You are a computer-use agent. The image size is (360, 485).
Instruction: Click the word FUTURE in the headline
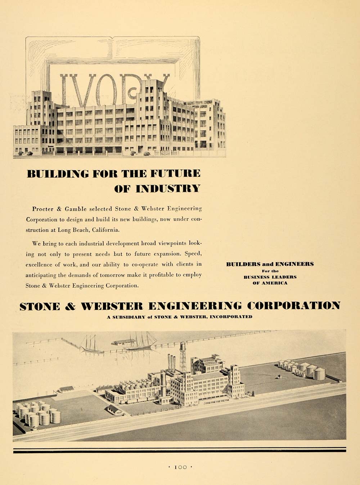[175, 174]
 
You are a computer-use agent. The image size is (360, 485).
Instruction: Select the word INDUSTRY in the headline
[168, 188]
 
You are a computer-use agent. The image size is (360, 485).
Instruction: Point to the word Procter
[42, 209]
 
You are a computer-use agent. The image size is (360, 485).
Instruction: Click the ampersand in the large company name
[70, 306]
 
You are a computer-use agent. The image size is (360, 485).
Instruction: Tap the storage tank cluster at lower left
[38, 414]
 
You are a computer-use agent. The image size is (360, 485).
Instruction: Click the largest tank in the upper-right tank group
[319, 373]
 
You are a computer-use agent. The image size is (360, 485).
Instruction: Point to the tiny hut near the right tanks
[279, 377]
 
